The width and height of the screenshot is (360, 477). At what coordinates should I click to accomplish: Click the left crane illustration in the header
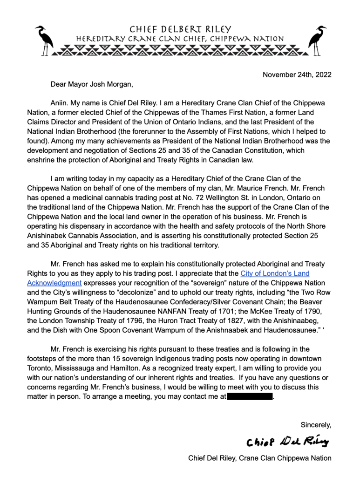point(45,40)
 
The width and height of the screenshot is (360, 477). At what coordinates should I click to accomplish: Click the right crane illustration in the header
point(318,40)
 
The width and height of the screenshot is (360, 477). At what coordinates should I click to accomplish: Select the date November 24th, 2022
point(297,75)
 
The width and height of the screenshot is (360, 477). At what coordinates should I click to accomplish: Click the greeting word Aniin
point(59,103)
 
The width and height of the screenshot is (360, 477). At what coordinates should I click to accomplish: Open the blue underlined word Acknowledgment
point(54,283)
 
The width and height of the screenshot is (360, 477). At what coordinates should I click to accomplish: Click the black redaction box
point(250,397)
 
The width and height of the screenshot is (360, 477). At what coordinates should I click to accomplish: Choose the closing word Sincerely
point(316,424)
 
